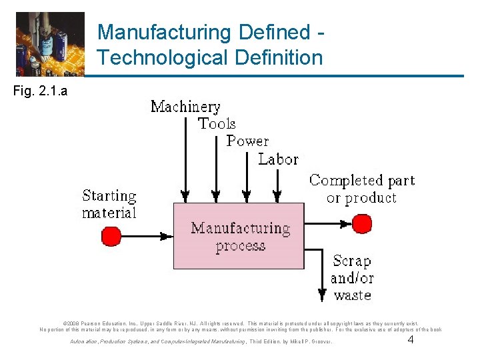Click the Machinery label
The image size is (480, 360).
click(x=185, y=107)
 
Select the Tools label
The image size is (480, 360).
click(x=217, y=124)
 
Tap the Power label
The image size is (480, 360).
click(x=247, y=141)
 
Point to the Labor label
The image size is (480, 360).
click(x=278, y=159)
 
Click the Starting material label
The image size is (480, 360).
click(x=109, y=204)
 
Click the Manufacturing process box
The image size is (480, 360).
click(x=241, y=237)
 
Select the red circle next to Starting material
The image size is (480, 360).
click(x=110, y=235)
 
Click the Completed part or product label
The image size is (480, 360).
click(x=362, y=189)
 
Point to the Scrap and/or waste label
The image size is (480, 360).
click(x=352, y=277)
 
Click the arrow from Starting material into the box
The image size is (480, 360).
click(x=147, y=235)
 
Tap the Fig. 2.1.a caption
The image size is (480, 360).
click(x=39, y=91)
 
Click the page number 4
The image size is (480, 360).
click(x=411, y=341)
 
